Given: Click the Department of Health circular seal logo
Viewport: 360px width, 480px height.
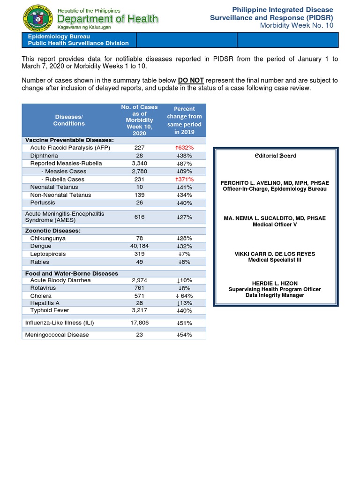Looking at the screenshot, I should (38, 19).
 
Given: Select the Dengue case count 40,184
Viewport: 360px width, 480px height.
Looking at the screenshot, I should (139, 246).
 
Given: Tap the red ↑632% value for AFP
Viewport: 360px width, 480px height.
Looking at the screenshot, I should (185, 148).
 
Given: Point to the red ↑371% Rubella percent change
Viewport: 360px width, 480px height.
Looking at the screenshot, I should (185, 179).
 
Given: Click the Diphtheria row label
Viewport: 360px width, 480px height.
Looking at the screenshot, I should (44, 156).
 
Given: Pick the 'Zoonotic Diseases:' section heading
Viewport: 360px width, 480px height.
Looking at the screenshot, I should (52, 231).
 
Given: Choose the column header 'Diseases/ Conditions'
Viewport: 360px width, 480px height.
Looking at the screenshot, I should (69, 120).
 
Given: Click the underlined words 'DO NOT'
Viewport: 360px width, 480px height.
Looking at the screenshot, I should (191, 81).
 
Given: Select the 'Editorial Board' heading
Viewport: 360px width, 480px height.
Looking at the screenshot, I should (276, 156).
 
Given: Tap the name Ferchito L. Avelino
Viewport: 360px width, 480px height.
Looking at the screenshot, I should (276, 183).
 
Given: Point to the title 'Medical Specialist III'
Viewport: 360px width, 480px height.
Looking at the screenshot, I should (276, 260).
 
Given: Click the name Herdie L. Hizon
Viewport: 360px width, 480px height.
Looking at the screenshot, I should (276, 284).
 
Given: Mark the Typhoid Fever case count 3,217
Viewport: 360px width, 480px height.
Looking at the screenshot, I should (139, 310).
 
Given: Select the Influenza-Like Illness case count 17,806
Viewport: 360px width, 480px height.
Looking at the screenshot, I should (139, 323).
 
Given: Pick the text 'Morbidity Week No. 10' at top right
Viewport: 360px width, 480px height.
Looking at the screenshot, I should (297, 25).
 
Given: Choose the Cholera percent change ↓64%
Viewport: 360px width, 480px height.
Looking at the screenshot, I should (185, 296).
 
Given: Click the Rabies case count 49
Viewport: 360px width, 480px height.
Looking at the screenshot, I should (139, 262).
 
